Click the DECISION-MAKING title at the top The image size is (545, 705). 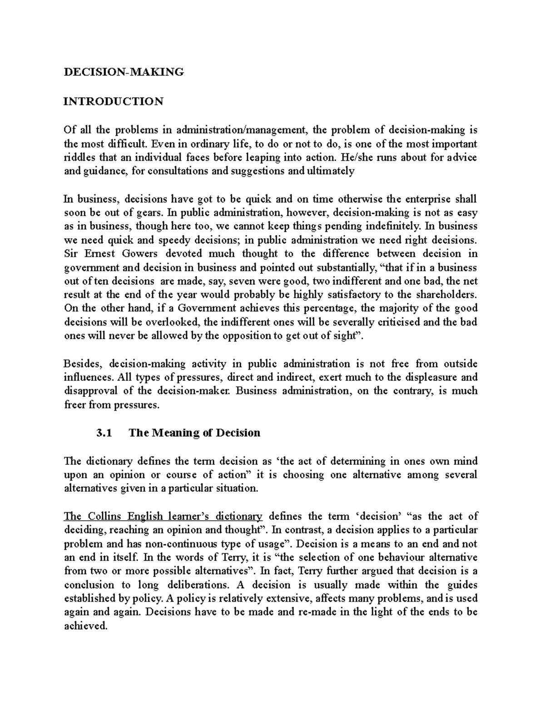coord(124,72)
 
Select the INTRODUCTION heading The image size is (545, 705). coord(113,101)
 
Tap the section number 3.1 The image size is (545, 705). coord(104,433)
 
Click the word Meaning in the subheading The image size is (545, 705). coord(174,433)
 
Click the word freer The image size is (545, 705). coord(74,405)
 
